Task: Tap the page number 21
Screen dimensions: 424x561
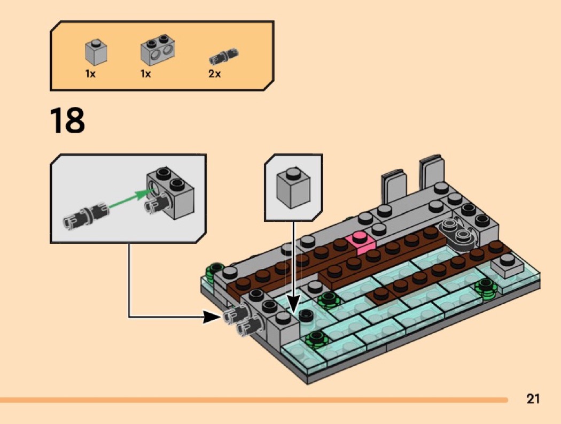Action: pyautogui.click(x=533, y=398)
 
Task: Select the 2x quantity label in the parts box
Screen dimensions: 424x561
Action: pyautogui.click(x=214, y=74)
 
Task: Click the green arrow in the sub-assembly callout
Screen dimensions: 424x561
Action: pyautogui.click(x=129, y=197)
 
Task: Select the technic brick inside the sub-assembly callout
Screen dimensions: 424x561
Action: pyautogui.click(x=170, y=191)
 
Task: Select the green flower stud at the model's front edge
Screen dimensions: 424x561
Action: pyautogui.click(x=316, y=338)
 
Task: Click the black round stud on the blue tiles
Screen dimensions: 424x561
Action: pyautogui.click(x=306, y=315)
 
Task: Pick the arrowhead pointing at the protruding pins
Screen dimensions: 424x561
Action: pyautogui.click(x=212, y=318)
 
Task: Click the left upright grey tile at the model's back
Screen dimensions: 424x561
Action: pyautogui.click(x=393, y=188)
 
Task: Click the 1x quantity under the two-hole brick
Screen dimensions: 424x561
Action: pyautogui.click(x=145, y=74)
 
